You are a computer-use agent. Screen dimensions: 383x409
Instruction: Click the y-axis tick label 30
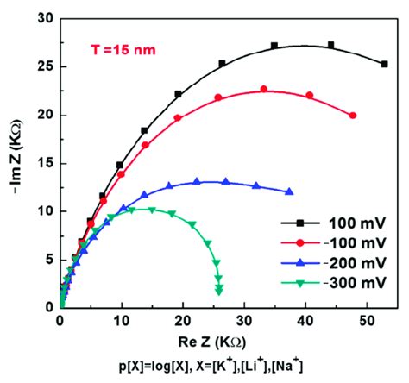44,18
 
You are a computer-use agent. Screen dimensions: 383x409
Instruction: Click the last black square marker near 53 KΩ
384,64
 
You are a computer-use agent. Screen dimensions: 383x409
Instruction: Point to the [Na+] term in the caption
298,366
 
